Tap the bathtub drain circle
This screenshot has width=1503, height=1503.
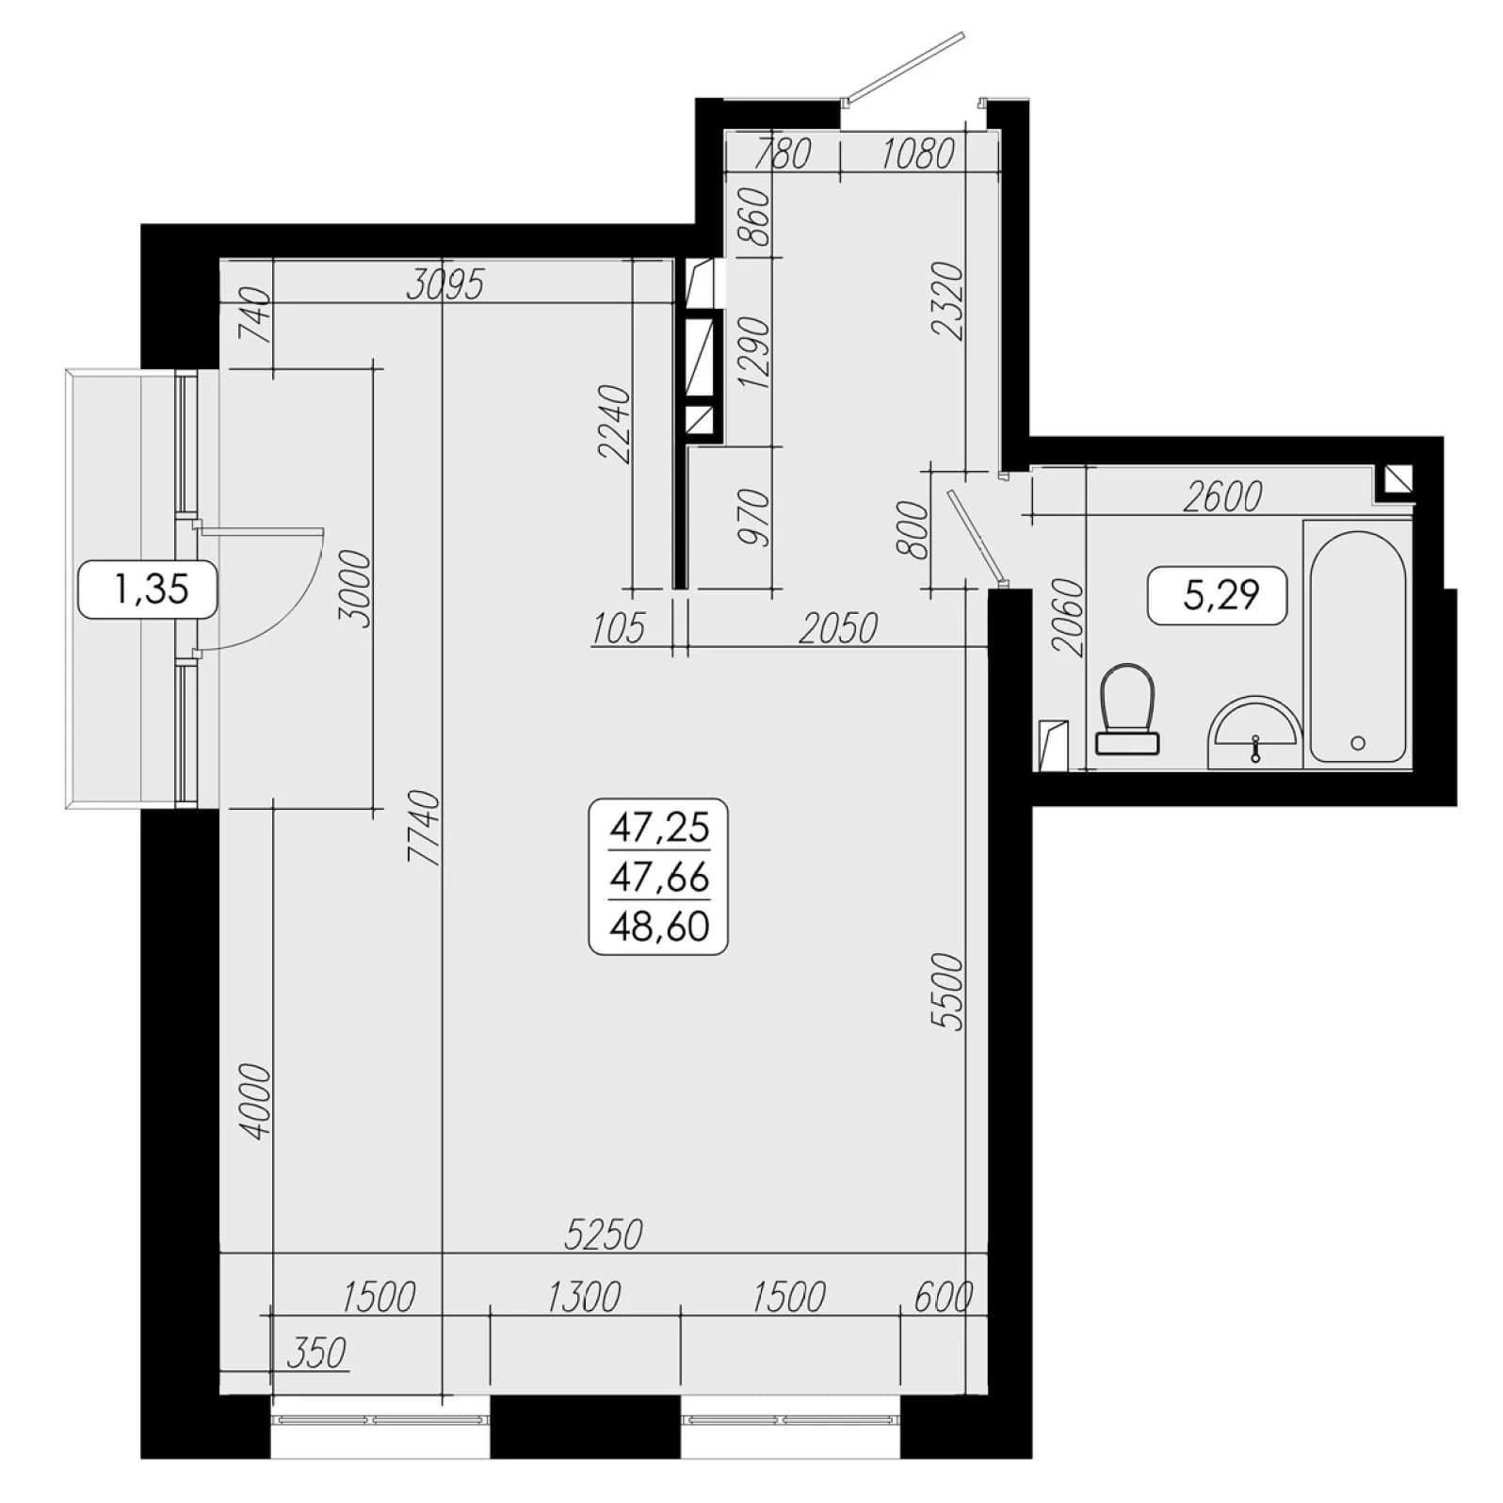pos(1357,743)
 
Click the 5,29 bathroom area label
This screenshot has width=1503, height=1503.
pos(1218,595)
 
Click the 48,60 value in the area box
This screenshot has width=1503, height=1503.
pos(659,927)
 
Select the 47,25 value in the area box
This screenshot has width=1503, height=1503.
pos(659,828)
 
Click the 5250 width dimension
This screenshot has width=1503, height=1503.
pos(604,1234)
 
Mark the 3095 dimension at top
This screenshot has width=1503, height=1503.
pos(445,283)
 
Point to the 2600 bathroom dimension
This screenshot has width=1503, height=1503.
pos(1222,496)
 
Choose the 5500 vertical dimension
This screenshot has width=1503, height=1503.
pos(951,993)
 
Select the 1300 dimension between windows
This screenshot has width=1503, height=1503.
pos(584,1298)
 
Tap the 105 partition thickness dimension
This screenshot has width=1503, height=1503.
pos(619,628)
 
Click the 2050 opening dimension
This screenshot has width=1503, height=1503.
pos(838,628)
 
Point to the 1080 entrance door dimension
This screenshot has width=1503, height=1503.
pos(917,154)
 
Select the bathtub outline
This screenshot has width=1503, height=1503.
pos(1357,647)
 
